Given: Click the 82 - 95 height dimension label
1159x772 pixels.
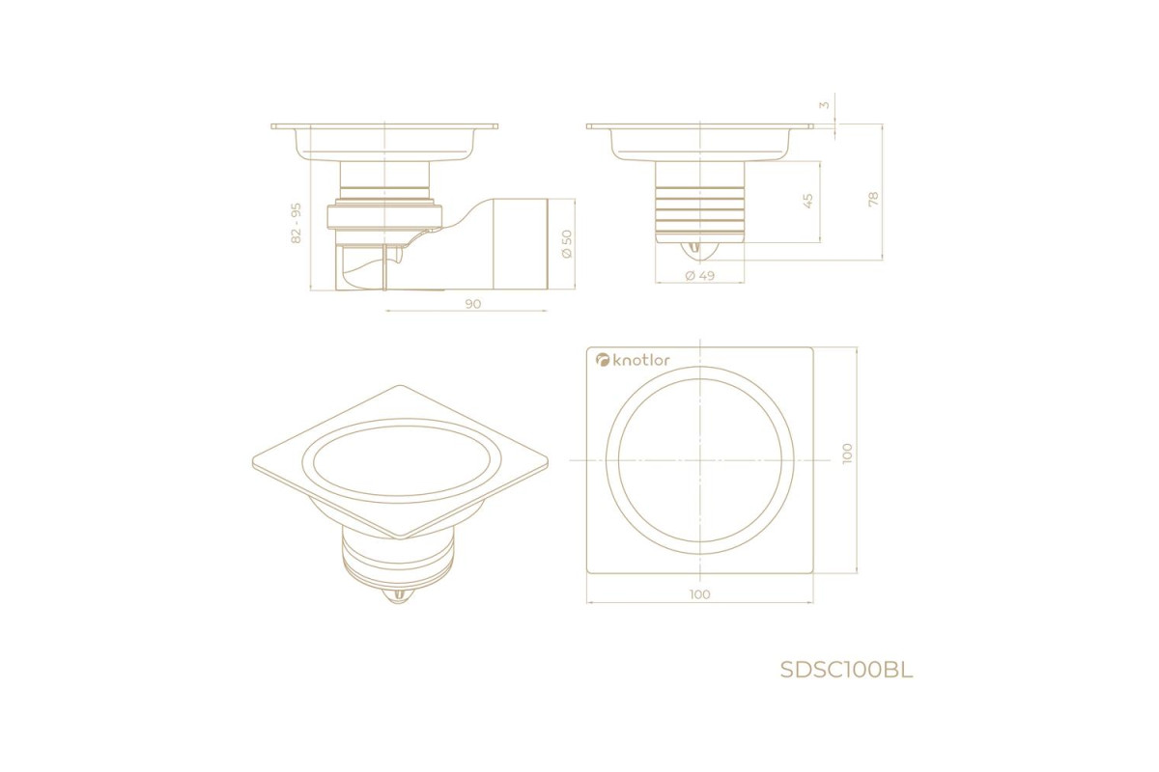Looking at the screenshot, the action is point(297,223).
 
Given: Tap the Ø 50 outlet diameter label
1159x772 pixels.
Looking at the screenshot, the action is point(567,244).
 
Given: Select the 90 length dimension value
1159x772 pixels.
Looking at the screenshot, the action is point(473,304).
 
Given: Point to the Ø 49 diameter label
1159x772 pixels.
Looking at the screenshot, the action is point(700,276).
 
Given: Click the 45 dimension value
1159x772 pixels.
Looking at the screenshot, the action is point(807,201).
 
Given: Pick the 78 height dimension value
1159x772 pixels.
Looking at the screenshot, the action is point(873,199).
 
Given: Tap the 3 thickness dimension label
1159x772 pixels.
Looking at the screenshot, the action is point(824,105).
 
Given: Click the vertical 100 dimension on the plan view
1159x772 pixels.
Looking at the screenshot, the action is point(847,454).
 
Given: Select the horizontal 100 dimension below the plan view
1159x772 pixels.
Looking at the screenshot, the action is point(700,594).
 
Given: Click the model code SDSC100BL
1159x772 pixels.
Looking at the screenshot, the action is point(846,671).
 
